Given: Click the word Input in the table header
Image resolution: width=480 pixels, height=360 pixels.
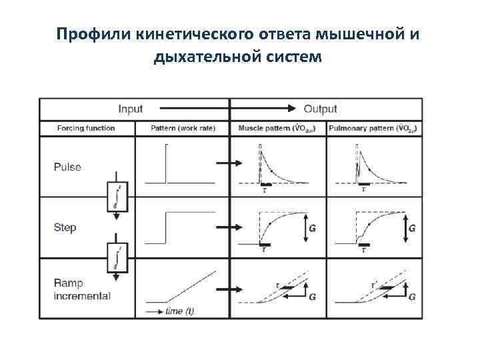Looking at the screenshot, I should (x=131, y=109).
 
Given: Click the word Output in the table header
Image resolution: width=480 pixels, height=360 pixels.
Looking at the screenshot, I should (x=321, y=109).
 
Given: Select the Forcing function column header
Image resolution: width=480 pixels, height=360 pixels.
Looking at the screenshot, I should (x=86, y=128).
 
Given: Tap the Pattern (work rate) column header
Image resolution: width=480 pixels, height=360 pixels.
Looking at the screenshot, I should (x=182, y=128).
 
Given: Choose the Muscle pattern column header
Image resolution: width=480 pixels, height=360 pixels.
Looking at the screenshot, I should (x=277, y=128).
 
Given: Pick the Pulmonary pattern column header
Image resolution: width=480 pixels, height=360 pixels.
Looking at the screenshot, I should (x=373, y=128).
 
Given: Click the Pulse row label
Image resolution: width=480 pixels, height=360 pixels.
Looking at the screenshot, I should (x=67, y=167).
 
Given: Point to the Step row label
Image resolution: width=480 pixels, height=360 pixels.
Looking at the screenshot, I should (x=65, y=227).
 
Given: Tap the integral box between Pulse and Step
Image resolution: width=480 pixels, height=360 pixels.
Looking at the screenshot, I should (x=117, y=197).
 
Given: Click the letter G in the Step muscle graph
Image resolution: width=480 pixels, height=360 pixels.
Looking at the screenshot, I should (x=313, y=228).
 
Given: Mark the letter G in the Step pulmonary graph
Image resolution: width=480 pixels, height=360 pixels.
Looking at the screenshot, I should (x=412, y=228).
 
